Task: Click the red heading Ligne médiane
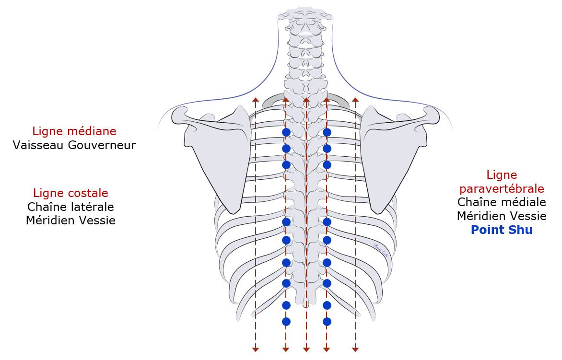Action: pyautogui.click(x=74, y=131)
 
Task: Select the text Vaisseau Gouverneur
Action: pyautogui.click(x=74, y=145)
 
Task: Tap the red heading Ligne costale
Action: pyautogui.click(x=70, y=193)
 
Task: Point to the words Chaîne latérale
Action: pyautogui.click(x=70, y=207)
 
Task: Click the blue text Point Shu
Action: pyautogui.click(x=502, y=230)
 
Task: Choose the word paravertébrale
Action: pyautogui.click(x=502, y=189)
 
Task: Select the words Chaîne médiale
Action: pyautogui.click(x=502, y=202)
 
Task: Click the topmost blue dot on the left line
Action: pyautogui.click(x=286, y=132)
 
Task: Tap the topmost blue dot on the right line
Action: pyautogui.click(x=327, y=132)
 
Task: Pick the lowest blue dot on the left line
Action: pyautogui.click(x=286, y=322)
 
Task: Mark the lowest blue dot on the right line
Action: pyautogui.click(x=327, y=322)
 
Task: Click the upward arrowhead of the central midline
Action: pyautogui.click(x=306, y=100)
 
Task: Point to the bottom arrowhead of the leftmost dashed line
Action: pyautogui.click(x=256, y=349)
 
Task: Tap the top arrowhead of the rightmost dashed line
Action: pyautogui.click(x=355, y=100)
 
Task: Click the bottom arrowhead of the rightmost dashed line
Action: pyautogui.click(x=355, y=349)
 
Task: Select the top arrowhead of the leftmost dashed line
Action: pyautogui.click(x=256, y=100)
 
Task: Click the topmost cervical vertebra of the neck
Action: pyautogui.click(x=305, y=16)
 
